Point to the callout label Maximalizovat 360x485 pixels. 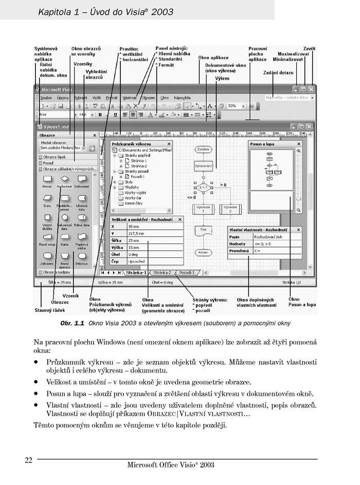click(294, 53)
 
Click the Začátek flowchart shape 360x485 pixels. click(204, 149)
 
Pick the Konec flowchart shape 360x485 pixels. click(204, 252)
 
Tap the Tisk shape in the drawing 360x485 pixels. click(203, 230)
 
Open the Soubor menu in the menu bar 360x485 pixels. click(46, 97)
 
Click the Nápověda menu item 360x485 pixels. click(182, 97)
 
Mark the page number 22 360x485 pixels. click(29, 459)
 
